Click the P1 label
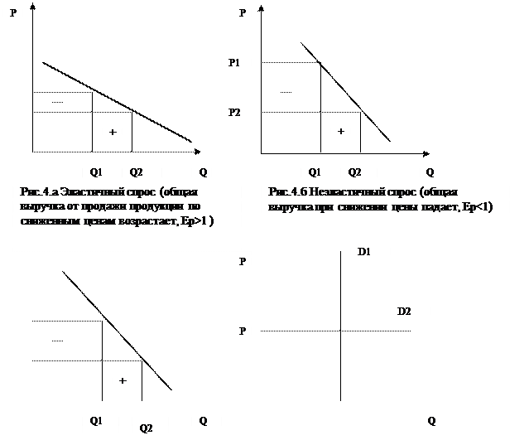click(234, 64)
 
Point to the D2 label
click(404, 311)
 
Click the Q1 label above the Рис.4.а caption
click(96, 172)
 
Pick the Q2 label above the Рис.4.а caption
click(136, 172)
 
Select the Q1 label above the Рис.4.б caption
click(315, 172)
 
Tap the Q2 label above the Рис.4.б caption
click(354, 172)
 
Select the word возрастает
click(161, 221)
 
